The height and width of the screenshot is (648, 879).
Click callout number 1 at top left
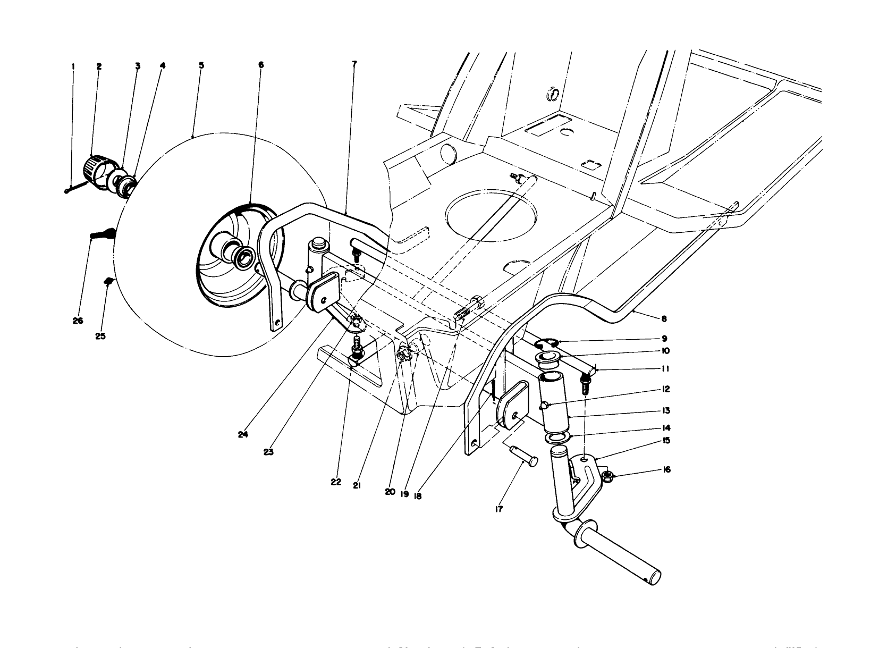pyautogui.click(x=73, y=66)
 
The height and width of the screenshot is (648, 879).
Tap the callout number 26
pyautogui.click(x=78, y=321)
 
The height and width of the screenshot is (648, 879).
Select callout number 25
pyautogui.click(x=100, y=336)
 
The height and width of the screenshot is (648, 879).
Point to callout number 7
pyautogui.click(x=354, y=63)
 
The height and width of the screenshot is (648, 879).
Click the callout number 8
pyautogui.click(x=664, y=319)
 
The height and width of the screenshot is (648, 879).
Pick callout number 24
pyautogui.click(x=243, y=434)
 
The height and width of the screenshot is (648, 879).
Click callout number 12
pyautogui.click(x=665, y=389)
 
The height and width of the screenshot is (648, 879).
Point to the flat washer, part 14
pyautogui.click(x=557, y=437)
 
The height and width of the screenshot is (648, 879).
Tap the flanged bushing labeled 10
pyautogui.click(x=546, y=358)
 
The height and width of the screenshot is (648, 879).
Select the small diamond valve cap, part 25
pyautogui.click(x=108, y=280)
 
